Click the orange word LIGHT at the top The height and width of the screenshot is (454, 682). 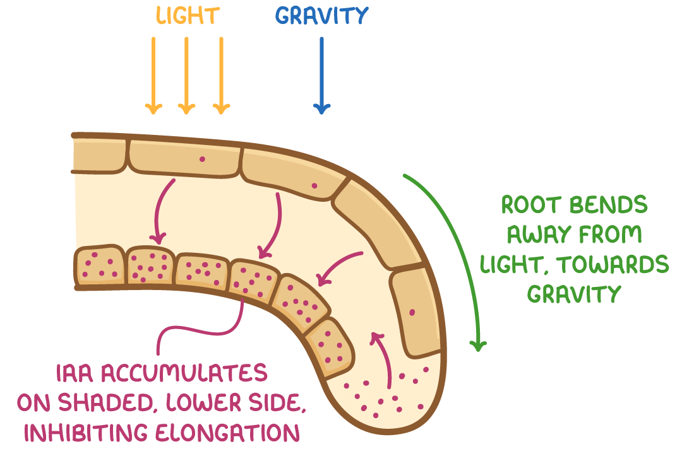(x=188, y=16)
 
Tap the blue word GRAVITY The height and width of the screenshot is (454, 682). (x=321, y=16)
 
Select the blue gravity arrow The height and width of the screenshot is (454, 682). (x=322, y=76)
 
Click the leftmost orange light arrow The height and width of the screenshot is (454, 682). (x=153, y=76)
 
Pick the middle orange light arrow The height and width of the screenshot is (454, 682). (x=187, y=76)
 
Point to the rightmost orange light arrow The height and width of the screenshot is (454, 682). (x=221, y=76)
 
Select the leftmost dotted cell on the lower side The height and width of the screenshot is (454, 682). (x=99, y=265)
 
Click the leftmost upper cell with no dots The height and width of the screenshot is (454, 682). (x=100, y=155)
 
